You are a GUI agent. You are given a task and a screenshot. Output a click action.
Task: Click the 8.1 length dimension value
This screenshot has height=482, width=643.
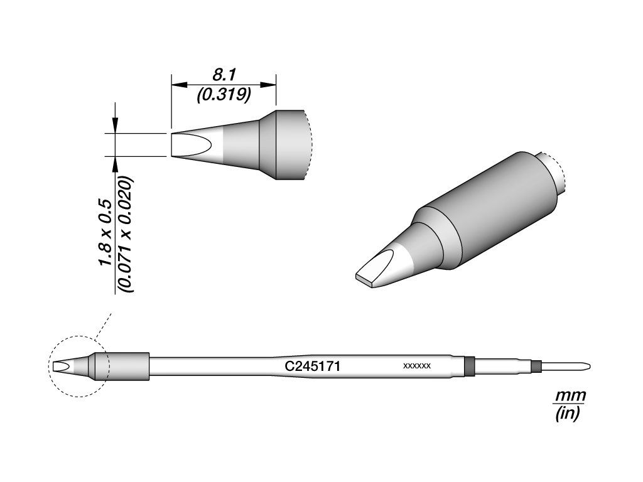pos(223,75)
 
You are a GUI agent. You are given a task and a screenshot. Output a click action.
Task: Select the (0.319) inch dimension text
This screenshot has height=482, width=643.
pos(224,95)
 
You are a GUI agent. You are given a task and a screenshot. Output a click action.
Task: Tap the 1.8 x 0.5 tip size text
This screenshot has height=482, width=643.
pos(105,232)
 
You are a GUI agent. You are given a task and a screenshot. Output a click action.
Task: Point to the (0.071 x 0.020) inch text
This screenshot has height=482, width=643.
pos(126,235)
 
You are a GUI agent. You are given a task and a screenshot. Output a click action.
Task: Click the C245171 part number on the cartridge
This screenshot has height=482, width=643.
pos(313,367)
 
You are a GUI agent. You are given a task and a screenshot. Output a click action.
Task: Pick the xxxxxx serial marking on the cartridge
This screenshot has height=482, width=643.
pos(417,366)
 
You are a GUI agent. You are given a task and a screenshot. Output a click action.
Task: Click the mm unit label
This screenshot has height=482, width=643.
pos(570,396)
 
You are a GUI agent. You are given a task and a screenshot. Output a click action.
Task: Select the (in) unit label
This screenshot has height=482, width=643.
pos(568,415)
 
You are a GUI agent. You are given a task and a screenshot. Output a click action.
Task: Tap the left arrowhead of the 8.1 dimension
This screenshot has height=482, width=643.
pos(179,85)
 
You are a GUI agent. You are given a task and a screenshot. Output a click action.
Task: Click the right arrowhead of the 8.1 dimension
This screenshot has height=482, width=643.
pos(268,85)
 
